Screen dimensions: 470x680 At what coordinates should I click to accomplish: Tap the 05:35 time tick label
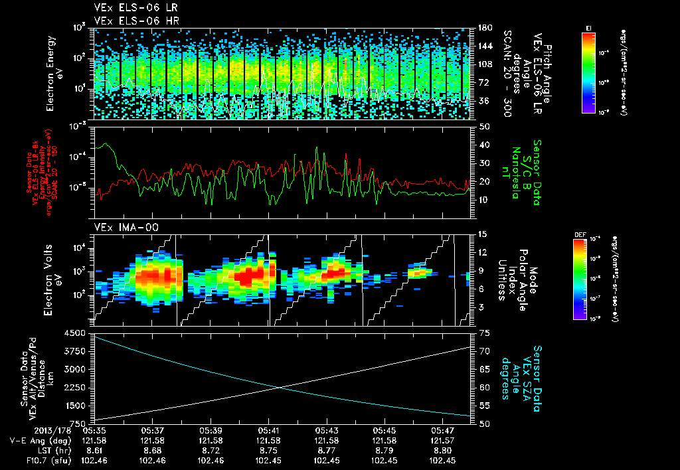point(95,430)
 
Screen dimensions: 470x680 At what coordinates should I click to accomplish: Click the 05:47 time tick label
point(442,430)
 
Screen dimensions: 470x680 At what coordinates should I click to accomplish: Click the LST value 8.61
point(95,450)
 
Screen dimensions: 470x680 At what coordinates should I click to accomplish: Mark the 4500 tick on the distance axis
point(78,333)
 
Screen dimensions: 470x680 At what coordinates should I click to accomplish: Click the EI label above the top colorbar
point(588,27)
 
